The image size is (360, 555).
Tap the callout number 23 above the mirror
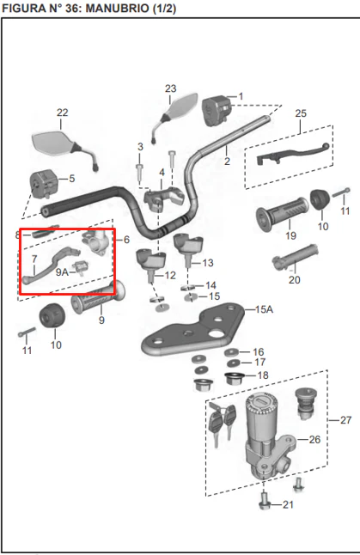[x=170, y=88]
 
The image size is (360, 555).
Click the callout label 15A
[x=264, y=309]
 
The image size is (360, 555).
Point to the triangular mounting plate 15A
[x=193, y=329]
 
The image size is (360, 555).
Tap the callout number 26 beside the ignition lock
[x=314, y=440]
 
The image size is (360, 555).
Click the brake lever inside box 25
[x=293, y=153]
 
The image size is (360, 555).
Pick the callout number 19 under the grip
[x=290, y=235]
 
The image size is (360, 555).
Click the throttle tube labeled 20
[x=296, y=257]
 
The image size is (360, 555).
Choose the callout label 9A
[x=62, y=272]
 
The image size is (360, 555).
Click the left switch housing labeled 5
[x=43, y=183]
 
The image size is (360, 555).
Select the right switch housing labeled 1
[x=217, y=111]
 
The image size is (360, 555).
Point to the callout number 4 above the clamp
[x=162, y=173]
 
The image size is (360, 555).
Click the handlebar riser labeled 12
[x=151, y=265]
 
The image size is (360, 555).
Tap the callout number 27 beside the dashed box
[x=346, y=420]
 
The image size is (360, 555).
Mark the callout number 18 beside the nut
[x=263, y=375]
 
